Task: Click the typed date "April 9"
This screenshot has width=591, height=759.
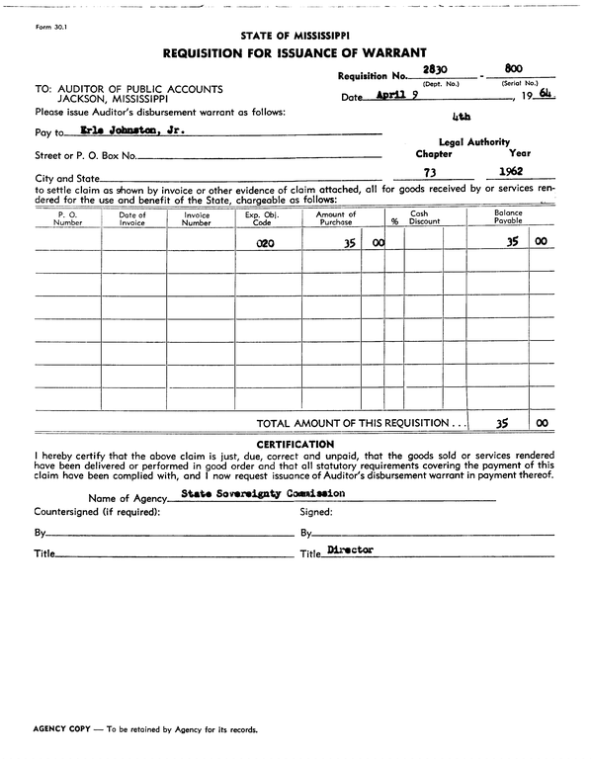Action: tap(401, 97)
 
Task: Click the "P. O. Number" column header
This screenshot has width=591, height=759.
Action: tap(68, 218)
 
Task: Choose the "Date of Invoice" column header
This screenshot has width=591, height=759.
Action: tap(132, 218)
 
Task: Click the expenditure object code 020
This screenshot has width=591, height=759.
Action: tap(265, 241)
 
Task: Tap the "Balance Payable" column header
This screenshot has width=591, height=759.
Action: tap(508, 218)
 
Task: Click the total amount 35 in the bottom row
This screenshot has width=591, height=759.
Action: tap(502, 422)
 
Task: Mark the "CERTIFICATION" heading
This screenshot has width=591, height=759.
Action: tap(295, 444)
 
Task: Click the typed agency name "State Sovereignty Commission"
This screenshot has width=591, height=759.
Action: tap(263, 492)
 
